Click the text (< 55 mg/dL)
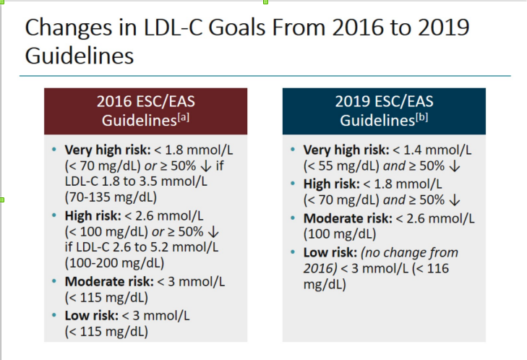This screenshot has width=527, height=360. [340, 166]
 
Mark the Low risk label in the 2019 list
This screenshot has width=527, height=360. [327, 252]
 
